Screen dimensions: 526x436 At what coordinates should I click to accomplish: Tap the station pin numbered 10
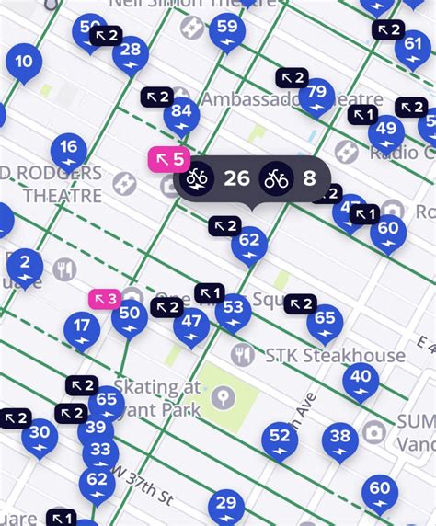tap(24, 63)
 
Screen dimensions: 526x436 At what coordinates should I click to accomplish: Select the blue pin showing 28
tap(131, 51)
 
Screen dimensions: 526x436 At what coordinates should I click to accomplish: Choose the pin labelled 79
tap(317, 93)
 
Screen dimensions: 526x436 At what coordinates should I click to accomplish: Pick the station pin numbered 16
tap(69, 148)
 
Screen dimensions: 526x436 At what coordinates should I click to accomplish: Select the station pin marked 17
tap(82, 326)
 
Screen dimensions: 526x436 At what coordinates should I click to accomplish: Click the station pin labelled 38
tap(340, 438)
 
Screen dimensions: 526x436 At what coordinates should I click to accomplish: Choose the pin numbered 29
tap(225, 505)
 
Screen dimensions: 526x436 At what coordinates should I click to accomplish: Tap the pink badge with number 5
tap(169, 159)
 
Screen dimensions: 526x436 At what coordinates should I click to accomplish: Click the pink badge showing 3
tap(104, 299)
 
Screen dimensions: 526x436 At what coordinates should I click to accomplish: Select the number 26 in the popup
tap(236, 178)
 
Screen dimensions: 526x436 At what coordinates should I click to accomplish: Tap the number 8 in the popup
tap(309, 178)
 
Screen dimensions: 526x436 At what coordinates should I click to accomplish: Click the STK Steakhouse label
tap(333, 355)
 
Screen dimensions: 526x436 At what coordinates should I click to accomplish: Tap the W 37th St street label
tap(143, 486)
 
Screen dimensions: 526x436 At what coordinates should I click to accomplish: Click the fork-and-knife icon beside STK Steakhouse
tap(243, 354)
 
